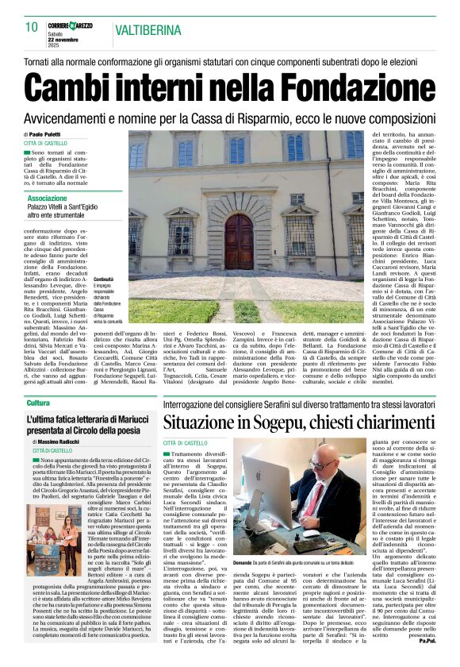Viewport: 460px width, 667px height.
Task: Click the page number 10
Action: coord(32,27)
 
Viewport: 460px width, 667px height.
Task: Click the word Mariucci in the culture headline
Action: coord(112,418)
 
